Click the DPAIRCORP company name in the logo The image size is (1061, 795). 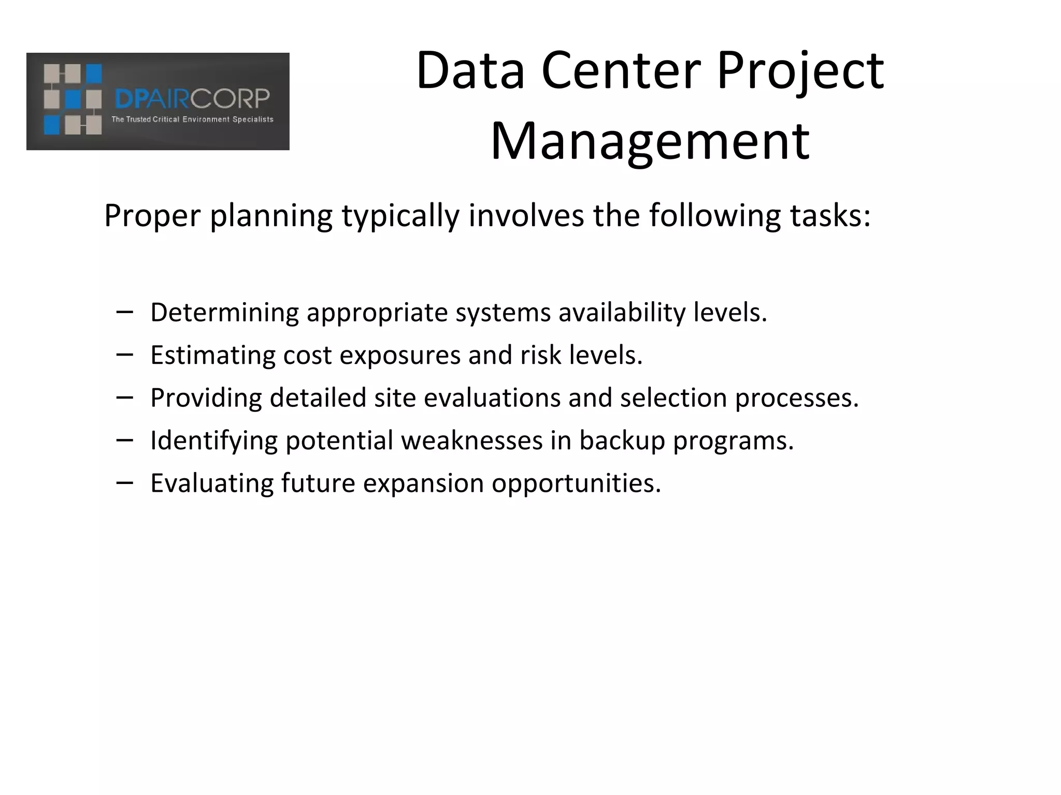pos(192,99)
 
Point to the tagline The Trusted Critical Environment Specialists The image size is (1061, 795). pos(192,120)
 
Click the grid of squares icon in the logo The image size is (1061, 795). pos(73,99)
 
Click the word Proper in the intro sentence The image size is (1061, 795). pos(152,216)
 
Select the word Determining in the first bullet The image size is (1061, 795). pos(224,313)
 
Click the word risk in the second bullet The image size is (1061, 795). pos(541,356)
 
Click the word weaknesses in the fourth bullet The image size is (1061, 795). pos(471,441)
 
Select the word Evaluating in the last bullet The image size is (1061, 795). pos(212,483)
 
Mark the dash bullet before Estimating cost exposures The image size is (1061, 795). pos(125,355)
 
